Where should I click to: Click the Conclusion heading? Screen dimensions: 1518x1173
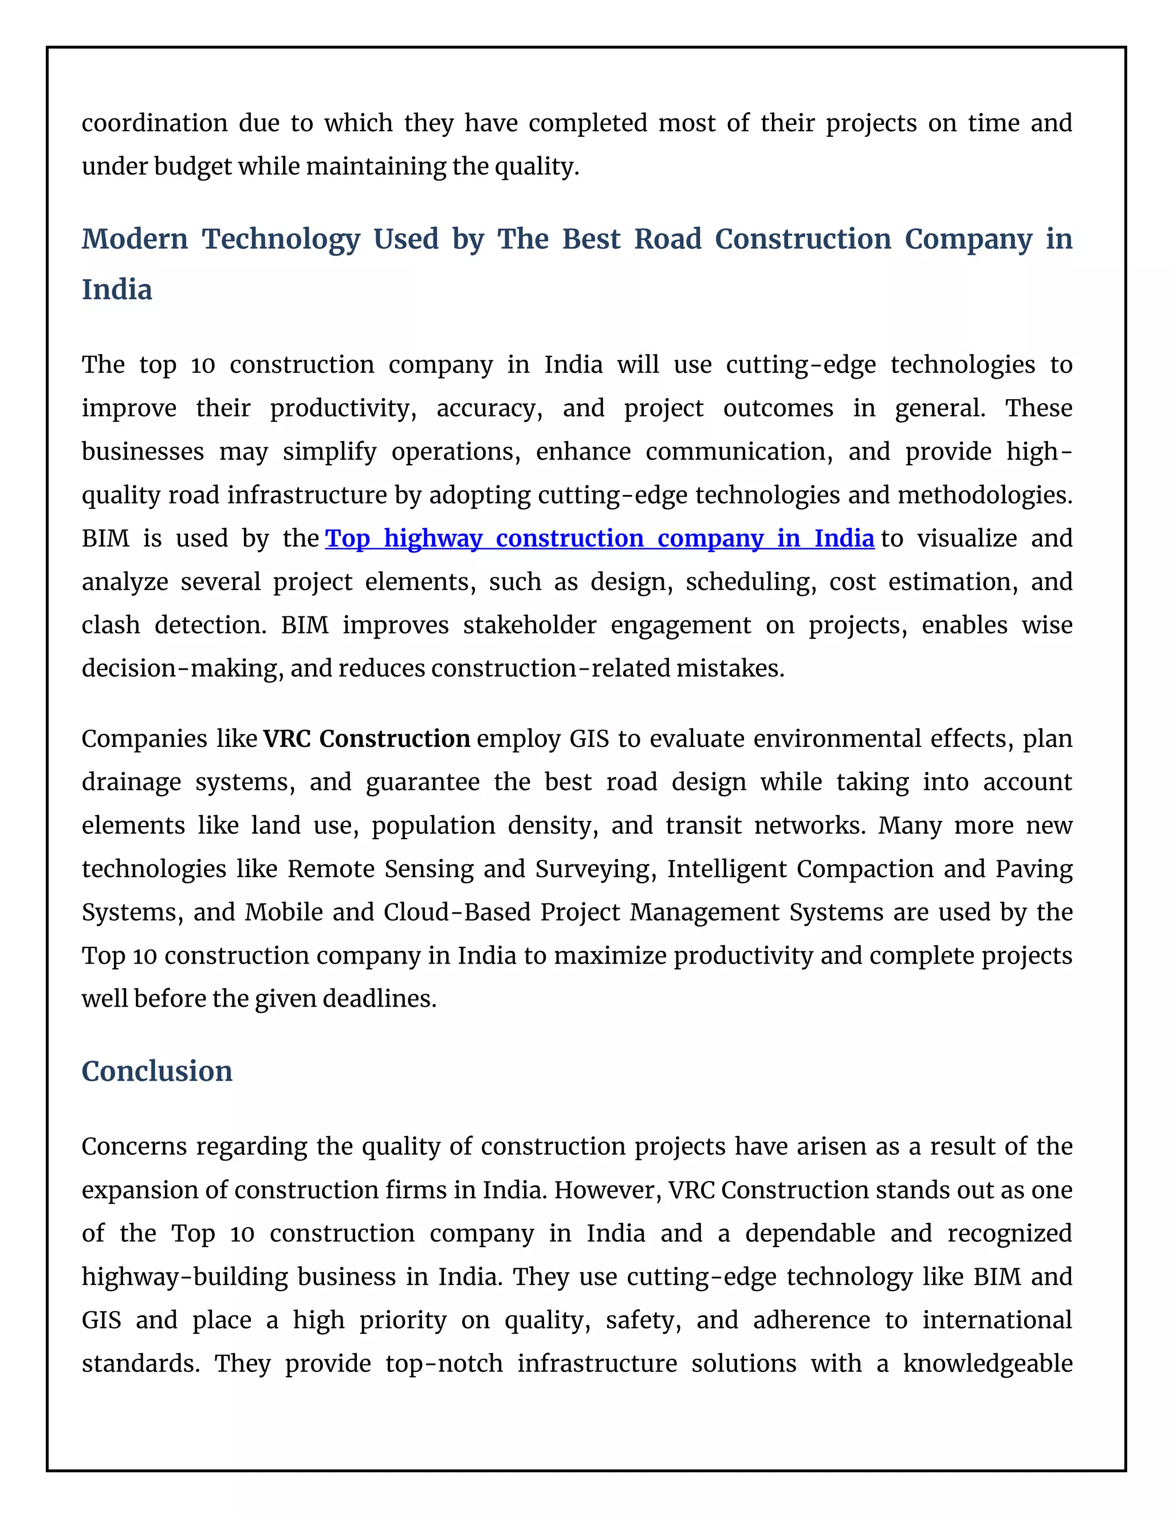tap(157, 1071)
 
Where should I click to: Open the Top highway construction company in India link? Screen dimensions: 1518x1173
tap(599, 538)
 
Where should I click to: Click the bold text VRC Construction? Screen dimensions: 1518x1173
tap(367, 739)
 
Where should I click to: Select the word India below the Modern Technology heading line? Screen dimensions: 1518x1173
tap(117, 290)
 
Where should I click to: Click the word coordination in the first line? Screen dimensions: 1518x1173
tap(154, 124)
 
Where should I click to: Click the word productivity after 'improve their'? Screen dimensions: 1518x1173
tap(343, 408)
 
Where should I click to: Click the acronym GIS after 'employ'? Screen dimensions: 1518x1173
tap(589, 739)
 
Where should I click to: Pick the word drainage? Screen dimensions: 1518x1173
tap(131, 782)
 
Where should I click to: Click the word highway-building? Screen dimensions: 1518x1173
tap(184, 1277)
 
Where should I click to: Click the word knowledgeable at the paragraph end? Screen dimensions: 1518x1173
tap(987, 1364)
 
